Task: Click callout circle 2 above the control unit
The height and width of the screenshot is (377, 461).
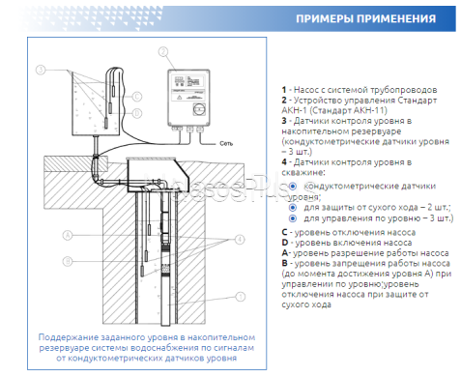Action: click(164, 51)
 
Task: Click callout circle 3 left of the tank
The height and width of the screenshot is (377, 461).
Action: click(41, 71)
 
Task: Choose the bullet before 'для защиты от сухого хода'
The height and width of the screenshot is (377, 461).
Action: click(293, 207)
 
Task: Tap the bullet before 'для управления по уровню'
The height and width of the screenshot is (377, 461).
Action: click(293, 218)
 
